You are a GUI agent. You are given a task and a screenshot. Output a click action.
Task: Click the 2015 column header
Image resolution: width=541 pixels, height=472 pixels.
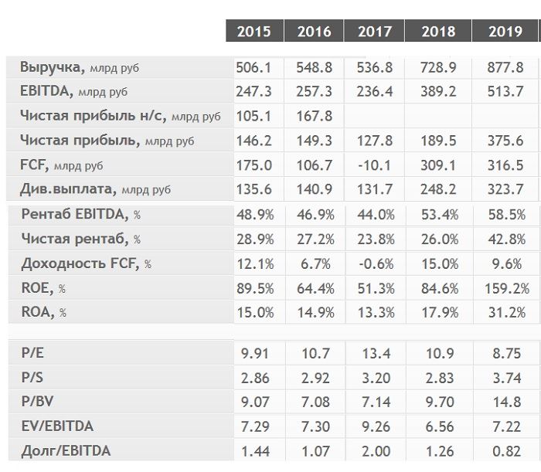coord(254,32)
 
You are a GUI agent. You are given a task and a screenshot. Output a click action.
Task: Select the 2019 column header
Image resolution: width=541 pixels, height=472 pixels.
coord(505,32)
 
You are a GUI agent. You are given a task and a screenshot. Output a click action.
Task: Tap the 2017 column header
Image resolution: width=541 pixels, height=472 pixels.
coord(375,32)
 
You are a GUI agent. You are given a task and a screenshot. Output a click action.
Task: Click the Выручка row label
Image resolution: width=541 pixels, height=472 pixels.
coord(80,67)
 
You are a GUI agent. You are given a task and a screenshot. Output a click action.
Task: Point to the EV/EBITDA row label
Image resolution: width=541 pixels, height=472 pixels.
coord(57,426)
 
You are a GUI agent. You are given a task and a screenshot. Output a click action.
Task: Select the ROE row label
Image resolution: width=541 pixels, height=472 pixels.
coord(43,288)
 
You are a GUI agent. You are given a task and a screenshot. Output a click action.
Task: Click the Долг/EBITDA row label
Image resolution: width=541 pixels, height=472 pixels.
coord(66,451)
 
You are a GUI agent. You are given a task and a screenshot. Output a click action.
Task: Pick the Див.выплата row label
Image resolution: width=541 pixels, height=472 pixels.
coord(95,189)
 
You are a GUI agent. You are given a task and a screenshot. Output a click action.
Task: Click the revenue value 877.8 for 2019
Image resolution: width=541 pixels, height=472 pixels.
coord(505,67)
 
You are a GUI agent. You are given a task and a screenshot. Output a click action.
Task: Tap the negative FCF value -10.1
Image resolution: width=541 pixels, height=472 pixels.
coord(374,165)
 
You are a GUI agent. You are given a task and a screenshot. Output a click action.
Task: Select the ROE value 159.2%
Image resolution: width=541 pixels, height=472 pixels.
coord(507,288)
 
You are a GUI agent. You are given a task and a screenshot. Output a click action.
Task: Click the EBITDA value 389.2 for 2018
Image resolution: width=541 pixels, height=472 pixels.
coord(438,91)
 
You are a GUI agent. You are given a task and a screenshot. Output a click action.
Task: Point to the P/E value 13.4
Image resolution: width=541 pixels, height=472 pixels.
coord(376,353)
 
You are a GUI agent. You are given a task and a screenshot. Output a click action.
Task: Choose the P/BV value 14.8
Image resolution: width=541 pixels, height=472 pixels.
coord(506,402)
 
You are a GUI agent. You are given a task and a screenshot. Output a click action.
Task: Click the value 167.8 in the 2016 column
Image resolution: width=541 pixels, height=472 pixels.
coord(315,116)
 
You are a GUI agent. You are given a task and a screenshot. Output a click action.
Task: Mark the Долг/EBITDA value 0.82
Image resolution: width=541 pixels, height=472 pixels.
coord(506,451)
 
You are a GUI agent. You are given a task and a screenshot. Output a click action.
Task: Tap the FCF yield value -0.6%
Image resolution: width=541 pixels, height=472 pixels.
coord(376,264)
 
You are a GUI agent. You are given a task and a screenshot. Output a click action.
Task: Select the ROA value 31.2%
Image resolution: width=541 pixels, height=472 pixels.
coord(507,313)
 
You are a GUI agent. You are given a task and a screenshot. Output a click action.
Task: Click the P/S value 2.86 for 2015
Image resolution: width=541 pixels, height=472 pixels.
coord(255,378)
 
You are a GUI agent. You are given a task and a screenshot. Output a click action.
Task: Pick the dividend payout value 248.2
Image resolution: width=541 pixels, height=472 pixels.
coord(438,189)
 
